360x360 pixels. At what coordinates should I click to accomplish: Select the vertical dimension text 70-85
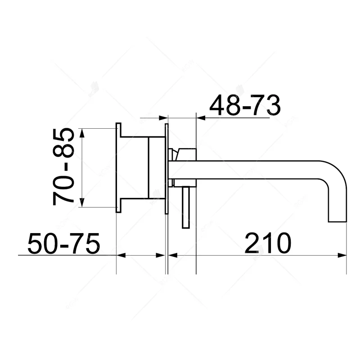(x=63, y=167)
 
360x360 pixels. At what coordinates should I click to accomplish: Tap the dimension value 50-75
(x=63, y=244)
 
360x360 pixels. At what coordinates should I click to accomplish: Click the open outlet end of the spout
(x=338, y=221)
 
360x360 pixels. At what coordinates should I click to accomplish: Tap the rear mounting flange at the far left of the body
(x=118, y=167)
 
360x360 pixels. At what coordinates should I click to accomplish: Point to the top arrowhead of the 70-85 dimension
(x=81, y=132)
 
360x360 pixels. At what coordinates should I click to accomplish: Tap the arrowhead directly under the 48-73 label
(x=200, y=118)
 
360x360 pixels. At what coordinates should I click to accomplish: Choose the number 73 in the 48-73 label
(x=266, y=106)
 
